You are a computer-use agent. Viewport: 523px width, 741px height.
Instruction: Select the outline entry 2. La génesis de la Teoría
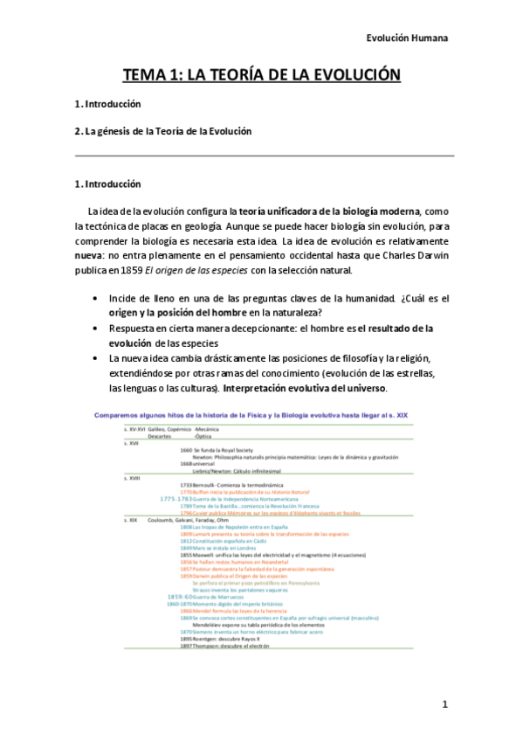[163, 131]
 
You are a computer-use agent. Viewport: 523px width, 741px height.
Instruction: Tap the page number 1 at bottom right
[444, 704]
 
